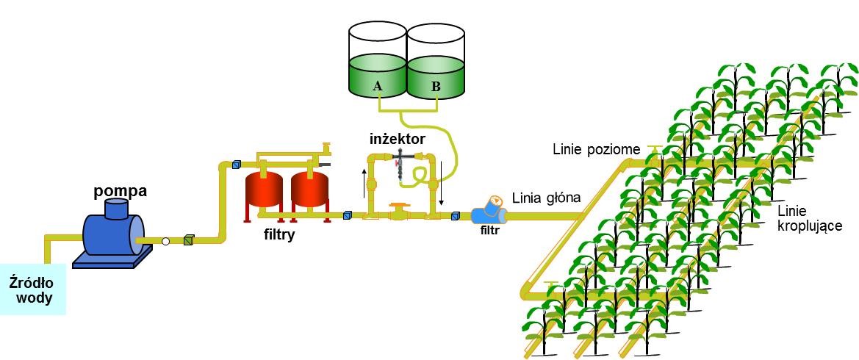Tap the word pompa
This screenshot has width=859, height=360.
[121, 191]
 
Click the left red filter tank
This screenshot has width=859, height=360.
[264, 189]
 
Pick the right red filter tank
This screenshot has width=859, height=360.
[310, 189]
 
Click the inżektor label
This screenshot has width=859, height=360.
[398, 138]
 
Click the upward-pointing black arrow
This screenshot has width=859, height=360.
[364, 178]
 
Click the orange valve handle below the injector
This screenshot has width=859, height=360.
[398, 207]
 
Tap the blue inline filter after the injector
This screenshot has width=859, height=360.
[487, 215]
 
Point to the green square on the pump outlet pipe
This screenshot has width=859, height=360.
[188, 240]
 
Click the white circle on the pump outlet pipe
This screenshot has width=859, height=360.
[166, 241]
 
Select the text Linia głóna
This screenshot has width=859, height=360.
[546, 198]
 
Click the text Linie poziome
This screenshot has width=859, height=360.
[596, 150]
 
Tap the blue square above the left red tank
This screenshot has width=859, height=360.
[237, 165]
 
